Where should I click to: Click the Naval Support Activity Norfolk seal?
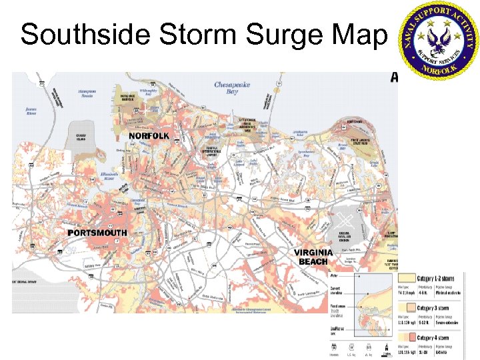[437, 38]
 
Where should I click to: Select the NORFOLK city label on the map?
[149, 135]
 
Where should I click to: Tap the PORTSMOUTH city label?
[97, 233]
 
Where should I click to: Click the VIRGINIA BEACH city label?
[313, 257]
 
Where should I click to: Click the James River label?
[31, 109]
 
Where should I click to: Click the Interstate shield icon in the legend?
[333, 347]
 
